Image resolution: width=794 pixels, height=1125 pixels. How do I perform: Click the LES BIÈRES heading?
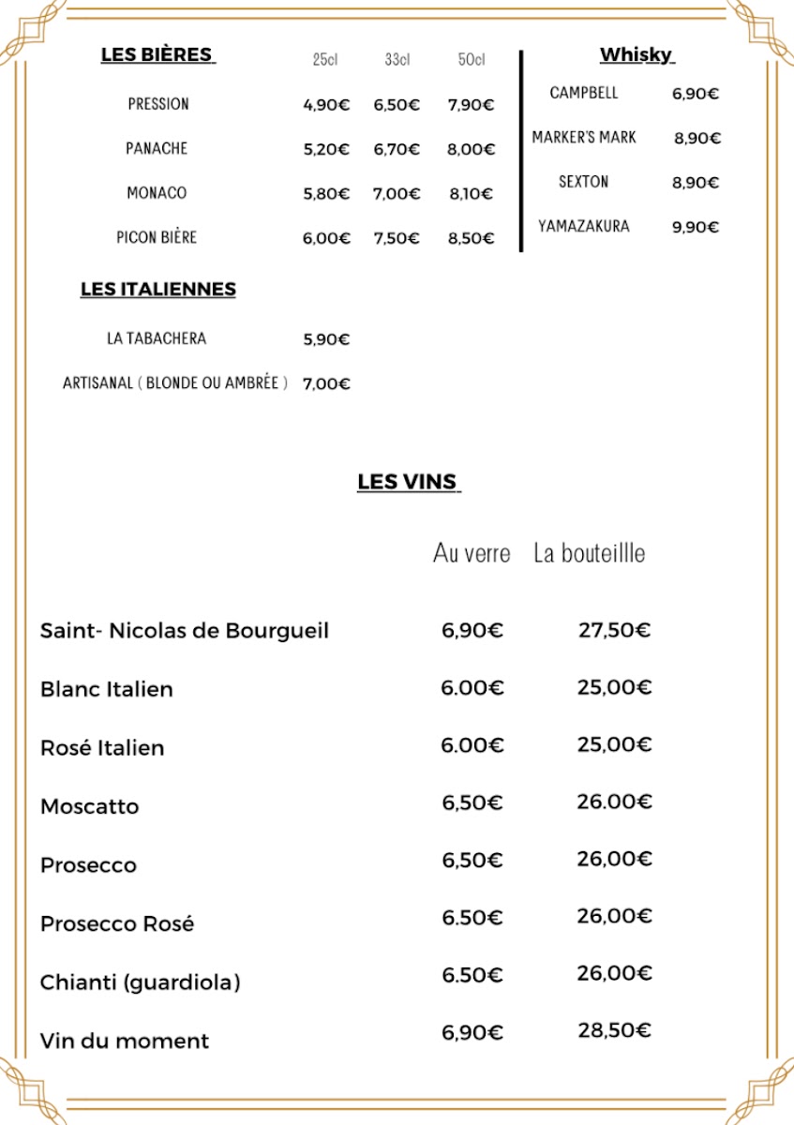tap(157, 54)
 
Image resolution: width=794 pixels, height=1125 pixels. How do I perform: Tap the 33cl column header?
tap(397, 60)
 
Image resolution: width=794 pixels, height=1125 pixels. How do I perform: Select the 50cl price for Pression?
tap(471, 105)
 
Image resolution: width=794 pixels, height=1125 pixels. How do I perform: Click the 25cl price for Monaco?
tap(325, 194)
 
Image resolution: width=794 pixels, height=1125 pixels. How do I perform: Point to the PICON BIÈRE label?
tap(157, 237)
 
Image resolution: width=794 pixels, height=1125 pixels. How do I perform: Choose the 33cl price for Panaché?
tap(397, 149)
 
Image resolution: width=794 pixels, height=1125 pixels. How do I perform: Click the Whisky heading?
tap(637, 54)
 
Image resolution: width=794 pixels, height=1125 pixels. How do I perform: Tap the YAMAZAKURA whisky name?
tap(583, 226)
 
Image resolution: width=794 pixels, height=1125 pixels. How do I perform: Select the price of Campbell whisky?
tap(695, 94)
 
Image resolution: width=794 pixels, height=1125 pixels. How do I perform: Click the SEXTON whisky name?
tap(583, 182)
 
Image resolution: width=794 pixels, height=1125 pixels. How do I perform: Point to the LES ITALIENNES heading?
tap(157, 290)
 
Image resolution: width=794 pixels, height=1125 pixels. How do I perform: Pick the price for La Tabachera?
tap(325, 339)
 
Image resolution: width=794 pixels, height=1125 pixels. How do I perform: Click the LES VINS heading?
tap(408, 482)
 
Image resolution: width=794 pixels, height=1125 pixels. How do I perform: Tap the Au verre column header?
tap(472, 553)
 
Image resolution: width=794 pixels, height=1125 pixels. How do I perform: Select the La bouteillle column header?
tap(589, 553)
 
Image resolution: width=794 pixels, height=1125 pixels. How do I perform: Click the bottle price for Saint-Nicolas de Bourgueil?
tap(614, 630)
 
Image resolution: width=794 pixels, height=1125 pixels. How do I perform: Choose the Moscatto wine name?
tap(89, 806)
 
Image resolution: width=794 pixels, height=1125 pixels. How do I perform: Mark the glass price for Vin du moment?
tap(472, 1032)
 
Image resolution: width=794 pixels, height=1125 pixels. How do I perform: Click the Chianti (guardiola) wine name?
tap(140, 982)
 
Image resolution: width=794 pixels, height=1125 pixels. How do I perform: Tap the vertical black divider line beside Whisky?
tap(521, 150)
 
